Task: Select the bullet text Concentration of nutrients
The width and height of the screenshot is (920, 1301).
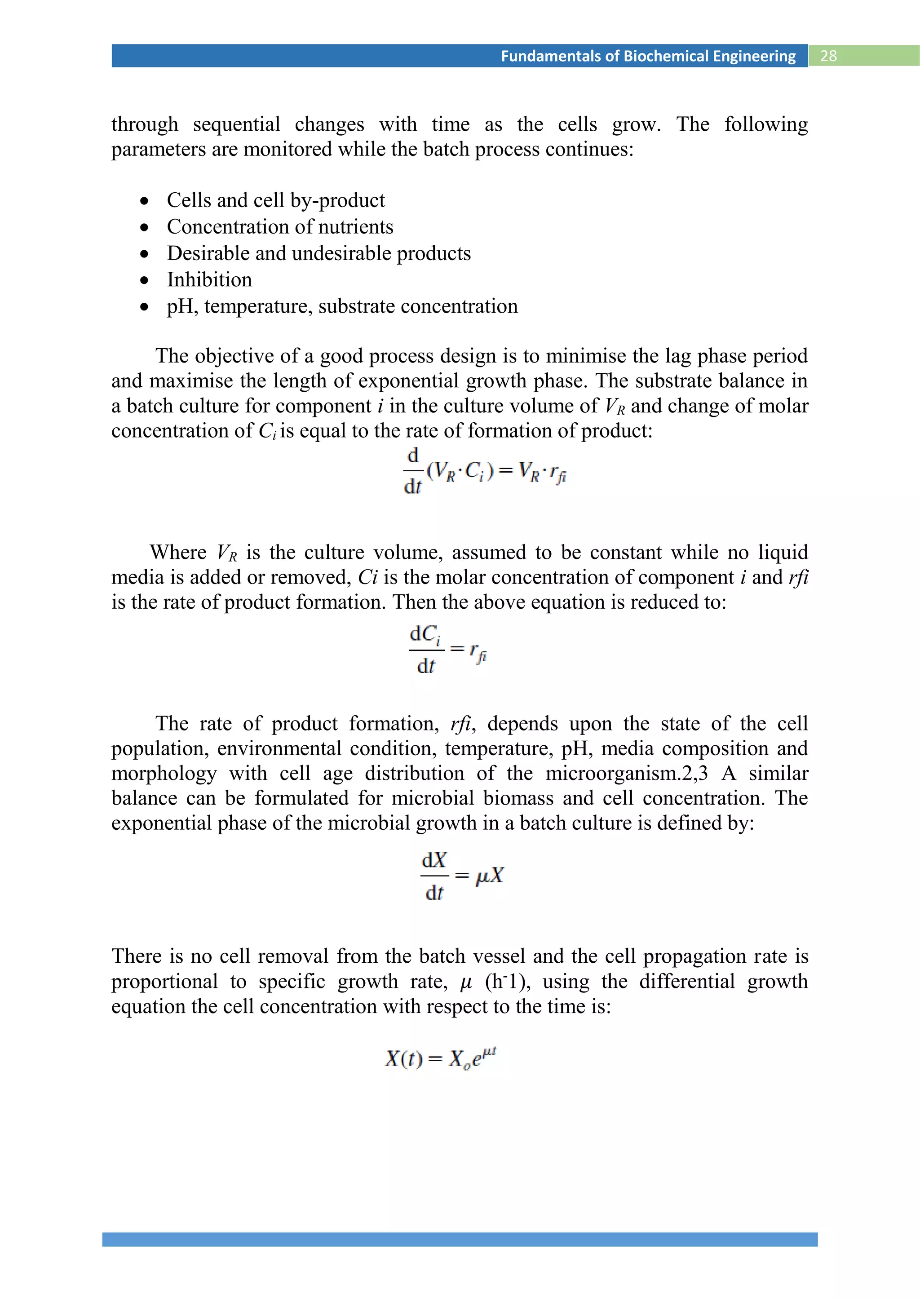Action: pos(280,227)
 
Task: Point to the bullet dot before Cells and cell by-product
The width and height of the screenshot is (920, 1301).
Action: pos(145,201)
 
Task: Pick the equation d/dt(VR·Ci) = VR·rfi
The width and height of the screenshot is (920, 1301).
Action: pos(484,471)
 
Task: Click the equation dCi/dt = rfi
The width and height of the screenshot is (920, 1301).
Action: pos(447,649)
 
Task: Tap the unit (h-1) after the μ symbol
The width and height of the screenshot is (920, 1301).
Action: pos(508,982)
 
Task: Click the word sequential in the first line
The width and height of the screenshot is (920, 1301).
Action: pos(236,124)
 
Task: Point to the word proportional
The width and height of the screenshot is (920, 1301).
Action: pos(164,982)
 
